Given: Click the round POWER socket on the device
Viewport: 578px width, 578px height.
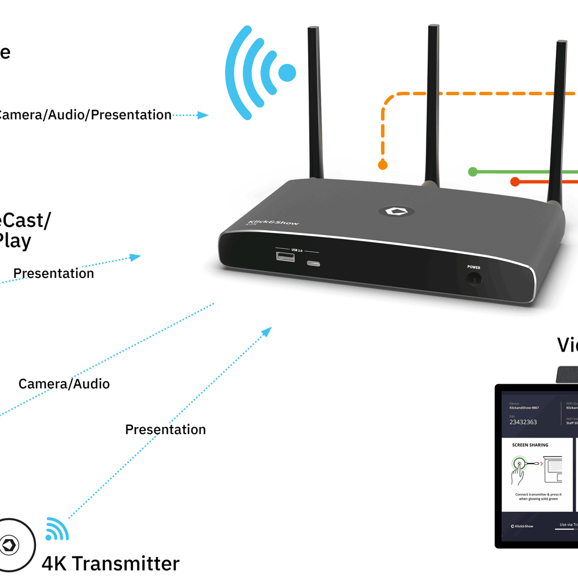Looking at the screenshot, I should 474,279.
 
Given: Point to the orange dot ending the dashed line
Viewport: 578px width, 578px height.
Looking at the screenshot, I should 382,165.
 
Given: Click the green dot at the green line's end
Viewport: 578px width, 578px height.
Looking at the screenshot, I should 473,172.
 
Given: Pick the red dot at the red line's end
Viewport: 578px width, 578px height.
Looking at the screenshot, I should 515,182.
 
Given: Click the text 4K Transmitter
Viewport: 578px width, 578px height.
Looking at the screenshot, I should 110,563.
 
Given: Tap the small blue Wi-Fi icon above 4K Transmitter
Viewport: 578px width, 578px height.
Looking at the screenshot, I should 57,528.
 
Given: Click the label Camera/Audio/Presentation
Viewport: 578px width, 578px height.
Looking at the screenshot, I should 84,115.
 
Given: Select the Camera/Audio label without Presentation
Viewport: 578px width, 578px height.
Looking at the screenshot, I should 64,384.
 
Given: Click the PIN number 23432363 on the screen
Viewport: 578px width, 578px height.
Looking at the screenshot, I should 523,422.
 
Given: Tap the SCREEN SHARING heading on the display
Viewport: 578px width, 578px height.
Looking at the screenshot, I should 530,445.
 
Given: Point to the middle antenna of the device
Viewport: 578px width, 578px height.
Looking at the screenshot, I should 433,104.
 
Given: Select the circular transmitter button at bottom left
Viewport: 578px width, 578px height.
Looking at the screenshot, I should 12,545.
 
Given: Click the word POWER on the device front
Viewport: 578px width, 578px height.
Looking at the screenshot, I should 474,268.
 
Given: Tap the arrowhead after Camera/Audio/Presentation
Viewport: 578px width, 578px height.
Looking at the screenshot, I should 203,115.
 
